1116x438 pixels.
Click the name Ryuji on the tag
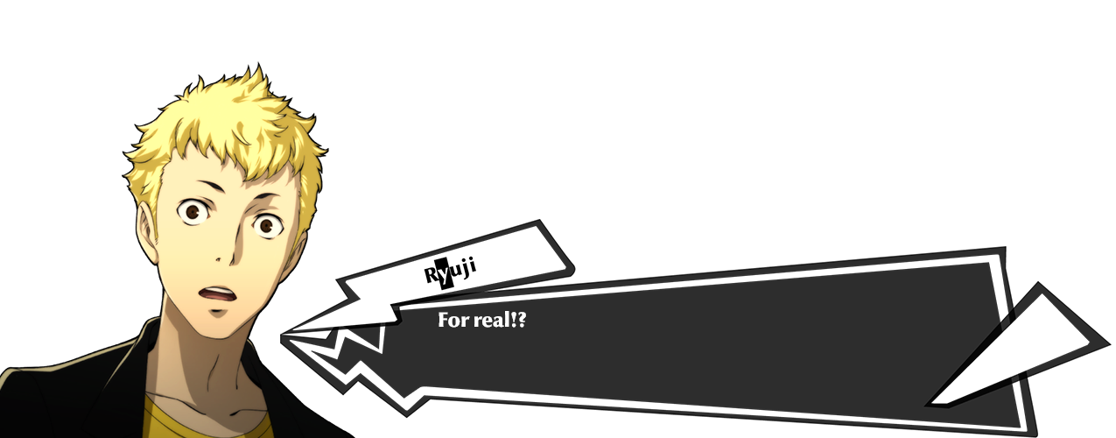[x=450, y=272]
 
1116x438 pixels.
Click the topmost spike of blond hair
[x=257, y=65]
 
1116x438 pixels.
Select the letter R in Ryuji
[x=431, y=274]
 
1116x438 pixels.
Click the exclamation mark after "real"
[x=513, y=319]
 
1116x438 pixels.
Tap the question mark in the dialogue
[x=521, y=319]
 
